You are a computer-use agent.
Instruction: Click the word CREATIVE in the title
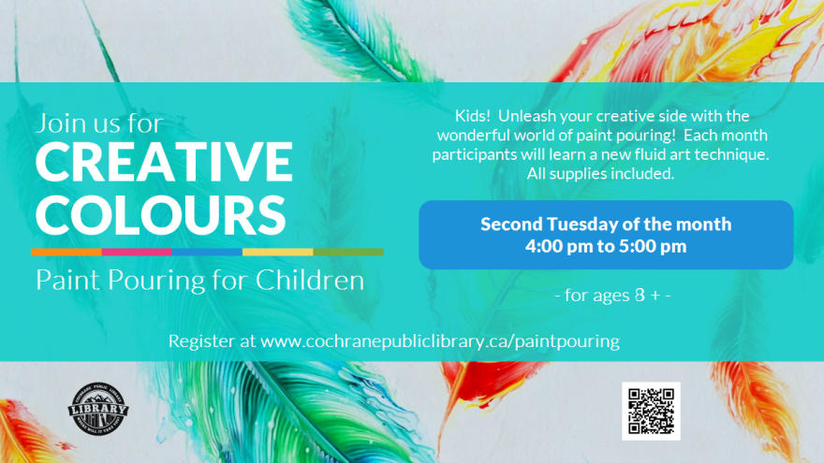[x=164, y=165]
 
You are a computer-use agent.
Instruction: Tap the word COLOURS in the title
[x=160, y=214]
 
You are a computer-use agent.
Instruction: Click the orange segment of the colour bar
[x=66, y=252]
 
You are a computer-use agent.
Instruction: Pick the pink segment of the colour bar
[x=137, y=252]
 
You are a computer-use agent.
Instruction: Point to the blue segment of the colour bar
[x=207, y=252]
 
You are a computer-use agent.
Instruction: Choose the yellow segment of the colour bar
[x=277, y=252]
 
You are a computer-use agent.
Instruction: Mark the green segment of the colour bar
[x=347, y=252]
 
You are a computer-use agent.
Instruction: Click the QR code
[x=651, y=411]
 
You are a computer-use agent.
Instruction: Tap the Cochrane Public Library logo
[x=99, y=410]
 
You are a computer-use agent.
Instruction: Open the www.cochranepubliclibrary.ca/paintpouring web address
[x=440, y=341]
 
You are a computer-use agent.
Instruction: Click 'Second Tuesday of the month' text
[x=606, y=224]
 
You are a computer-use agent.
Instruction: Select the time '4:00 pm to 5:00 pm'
[x=606, y=247]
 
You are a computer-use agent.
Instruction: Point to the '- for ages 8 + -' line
[x=612, y=296]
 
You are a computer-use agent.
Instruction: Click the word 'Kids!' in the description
[x=473, y=116]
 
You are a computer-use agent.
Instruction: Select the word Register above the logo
[x=202, y=341]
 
